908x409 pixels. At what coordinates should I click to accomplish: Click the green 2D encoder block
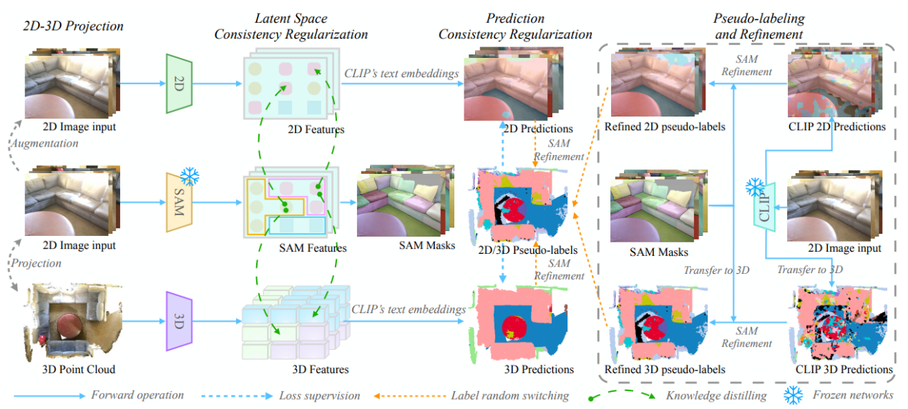tap(179, 83)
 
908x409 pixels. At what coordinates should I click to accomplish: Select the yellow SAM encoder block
tap(179, 202)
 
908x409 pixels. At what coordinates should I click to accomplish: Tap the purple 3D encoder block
tap(179, 320)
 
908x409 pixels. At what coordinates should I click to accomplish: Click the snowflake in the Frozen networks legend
tap(793, 395)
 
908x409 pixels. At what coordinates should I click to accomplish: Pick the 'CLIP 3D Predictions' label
tap(844, 370)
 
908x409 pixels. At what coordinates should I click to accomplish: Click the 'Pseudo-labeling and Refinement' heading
tap(758, 26)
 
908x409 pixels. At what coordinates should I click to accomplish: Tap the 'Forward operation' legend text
tap(137, 395)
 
